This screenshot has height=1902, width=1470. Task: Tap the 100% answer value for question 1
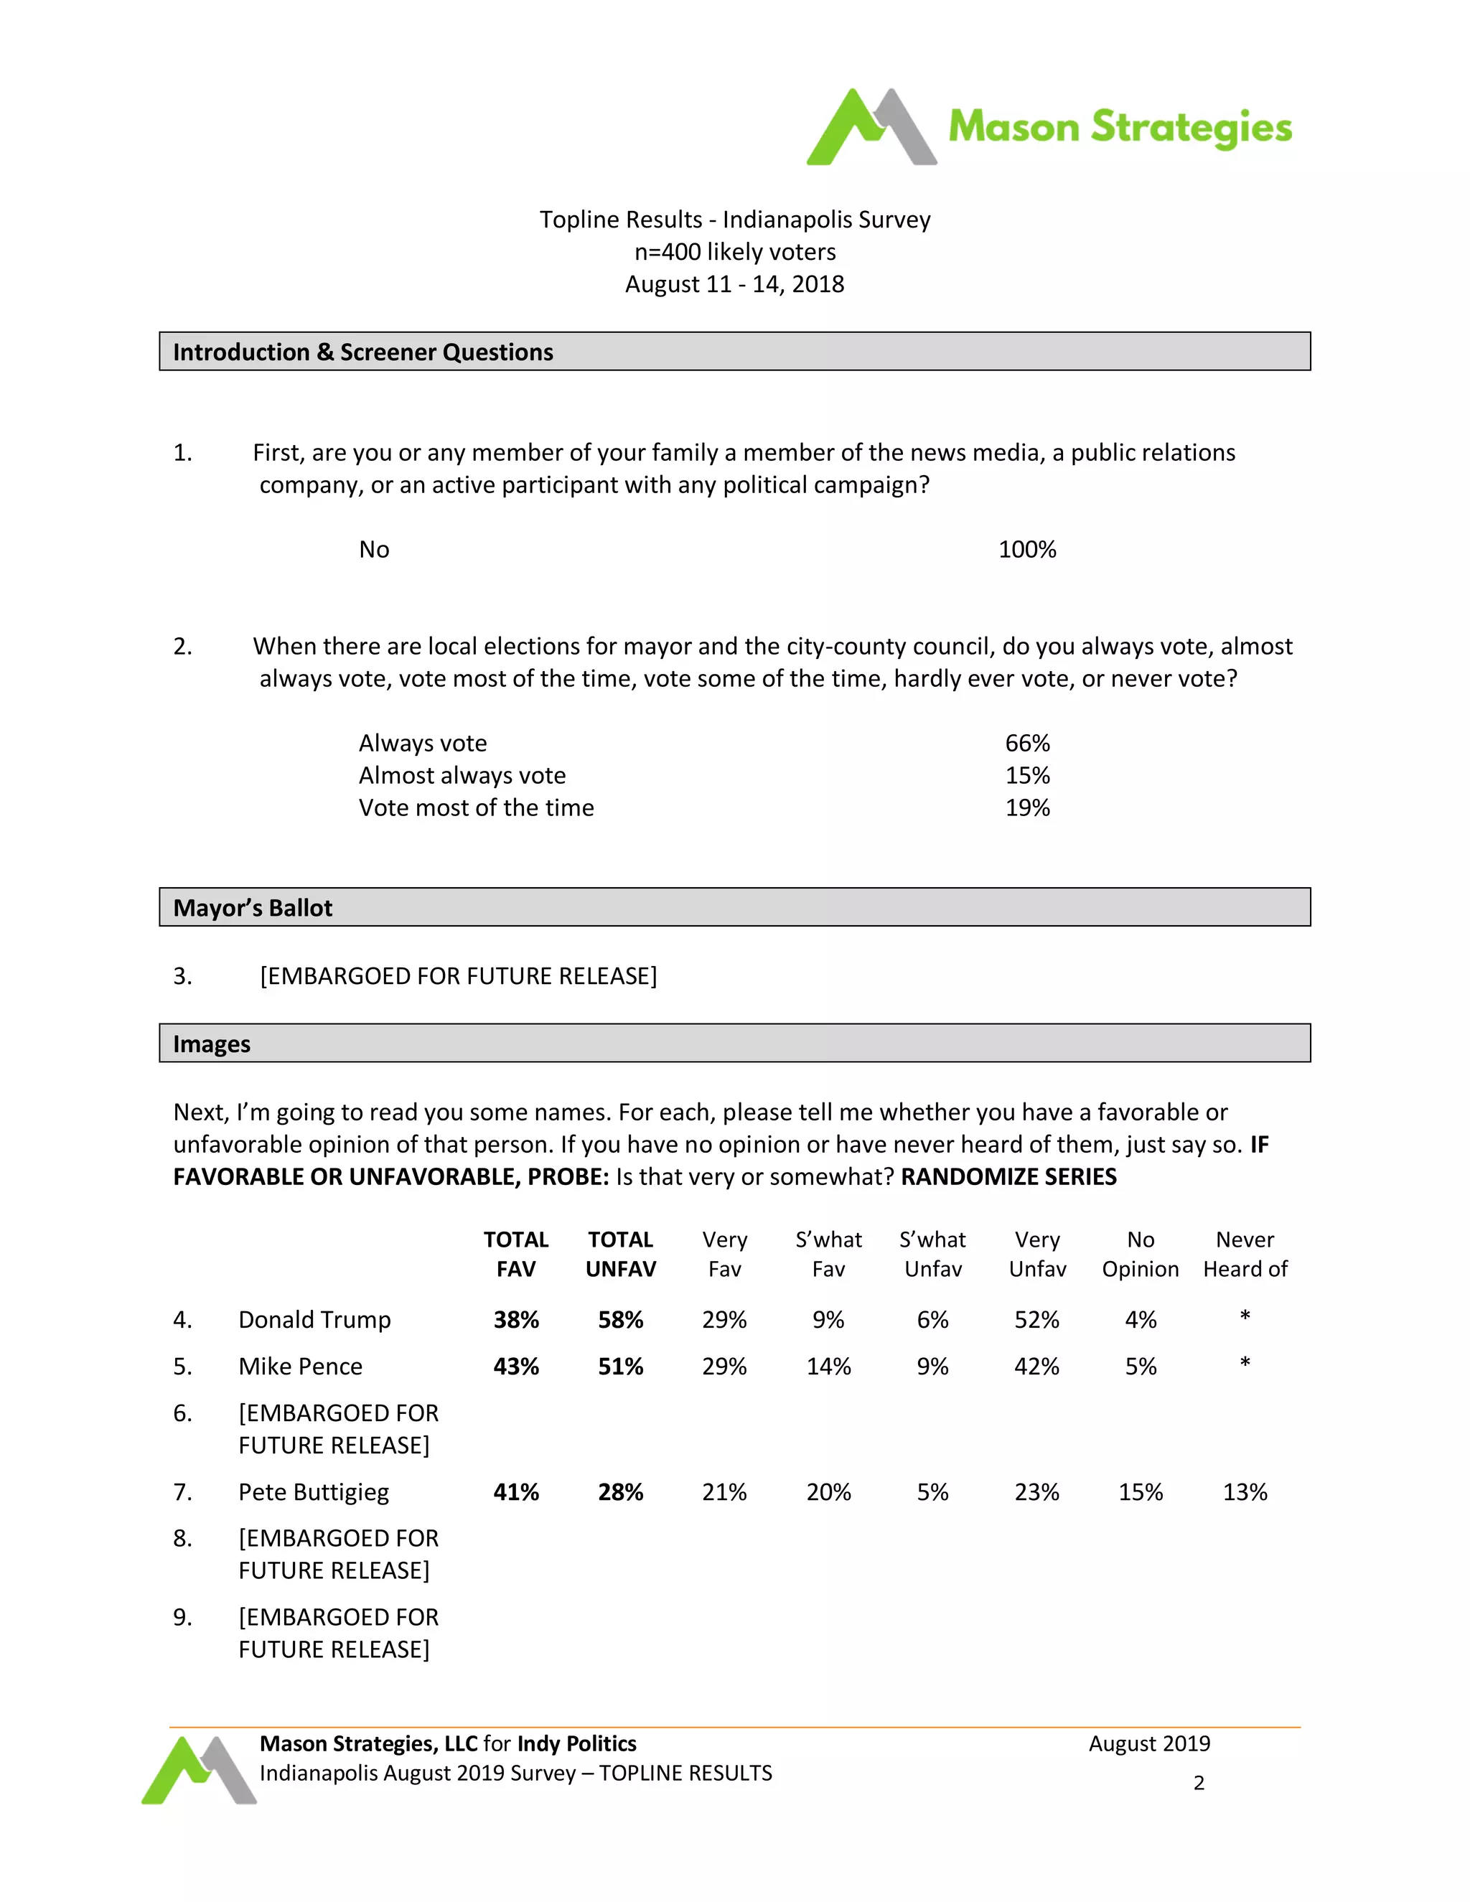(1026, 550)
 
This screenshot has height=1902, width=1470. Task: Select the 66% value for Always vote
(1026, 743)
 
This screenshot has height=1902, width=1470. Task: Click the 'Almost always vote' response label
(462, 775)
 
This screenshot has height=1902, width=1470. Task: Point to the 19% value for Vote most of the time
(1026, 807)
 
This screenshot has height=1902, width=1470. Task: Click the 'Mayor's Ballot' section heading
(253, 907)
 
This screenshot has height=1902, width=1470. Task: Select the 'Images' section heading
(212, 1044)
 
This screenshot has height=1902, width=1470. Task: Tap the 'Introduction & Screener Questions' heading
(362, 352)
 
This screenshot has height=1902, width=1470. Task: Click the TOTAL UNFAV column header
(620, 1254)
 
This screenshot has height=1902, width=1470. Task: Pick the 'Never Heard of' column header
(1245, 1254)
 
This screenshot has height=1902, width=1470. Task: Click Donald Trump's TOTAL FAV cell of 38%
(515, 1319)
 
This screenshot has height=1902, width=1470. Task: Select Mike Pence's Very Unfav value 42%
(1036, 1367)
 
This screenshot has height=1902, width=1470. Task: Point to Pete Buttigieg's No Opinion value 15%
(1140, 1492)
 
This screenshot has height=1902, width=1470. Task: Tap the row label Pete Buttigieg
(314, 1492)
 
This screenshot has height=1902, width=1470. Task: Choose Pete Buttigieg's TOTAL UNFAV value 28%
(620, 1492)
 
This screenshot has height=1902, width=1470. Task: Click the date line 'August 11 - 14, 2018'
(734, 284)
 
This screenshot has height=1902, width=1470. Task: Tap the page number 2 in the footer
(1198, 1783)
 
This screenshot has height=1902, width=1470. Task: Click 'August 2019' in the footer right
(1148, 1743)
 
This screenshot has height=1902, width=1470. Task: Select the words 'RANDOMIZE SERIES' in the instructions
(1008, 1176)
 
